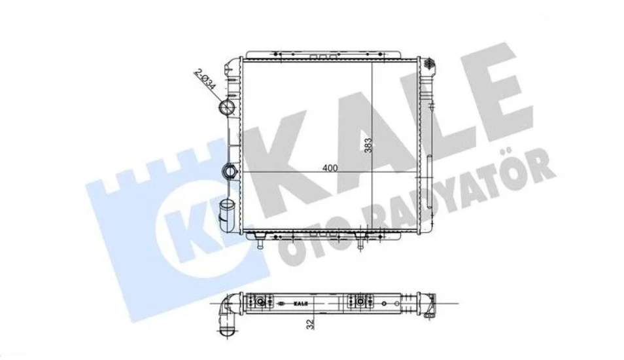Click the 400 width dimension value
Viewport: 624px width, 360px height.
coord(330,168)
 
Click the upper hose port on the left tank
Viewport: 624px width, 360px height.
coord(229,108)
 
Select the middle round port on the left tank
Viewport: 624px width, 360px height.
coord(230,171)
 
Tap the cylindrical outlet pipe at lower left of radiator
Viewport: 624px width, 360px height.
coord(227,212)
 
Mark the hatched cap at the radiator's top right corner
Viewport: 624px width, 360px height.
coord(429,63)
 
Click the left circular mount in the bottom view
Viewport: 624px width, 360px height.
coord(262,302)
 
